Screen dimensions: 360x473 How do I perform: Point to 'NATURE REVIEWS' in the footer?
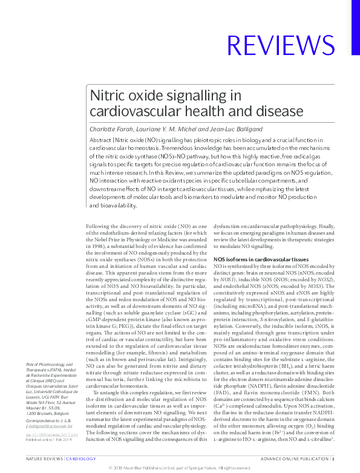click(44, 460)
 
